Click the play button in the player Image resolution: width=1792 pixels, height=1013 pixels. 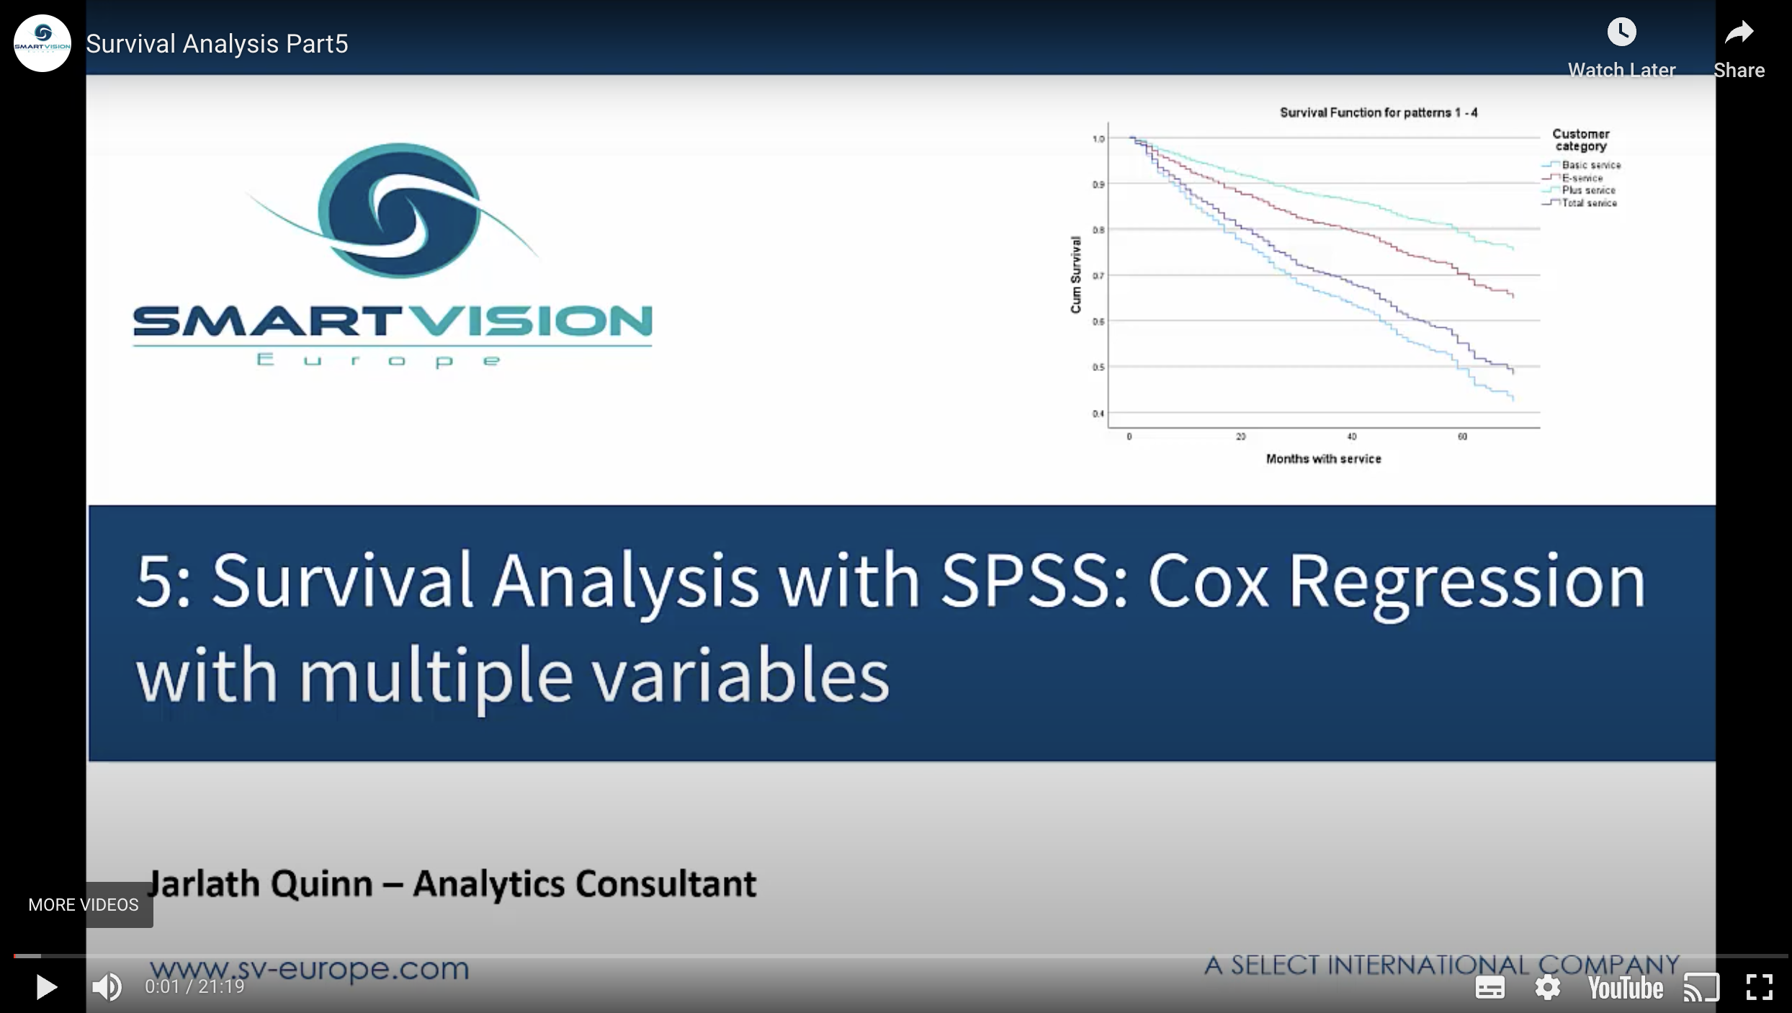tap(46, 987)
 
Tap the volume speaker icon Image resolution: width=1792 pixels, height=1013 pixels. tap(107, 987)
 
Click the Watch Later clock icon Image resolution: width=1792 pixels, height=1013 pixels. tap(1621, 32)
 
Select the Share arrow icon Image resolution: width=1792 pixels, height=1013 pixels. tap(1739, 32)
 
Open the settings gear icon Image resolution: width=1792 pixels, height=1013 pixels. tap(1547, 987)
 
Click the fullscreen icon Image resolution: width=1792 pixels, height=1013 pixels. tap(1759, 987)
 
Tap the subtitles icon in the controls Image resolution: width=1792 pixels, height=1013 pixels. tap(1489, 987)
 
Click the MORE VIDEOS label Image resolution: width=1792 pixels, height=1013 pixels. tap(84, 905)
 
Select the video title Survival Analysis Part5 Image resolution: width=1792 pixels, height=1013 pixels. tap(217, 44)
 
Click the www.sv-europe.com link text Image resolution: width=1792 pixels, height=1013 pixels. tap(309, 968)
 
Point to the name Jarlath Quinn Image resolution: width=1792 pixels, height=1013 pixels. tap(259, 884)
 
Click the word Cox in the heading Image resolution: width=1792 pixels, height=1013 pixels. tap(1207, 581)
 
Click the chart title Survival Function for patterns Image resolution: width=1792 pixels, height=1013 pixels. tap(1378, 113)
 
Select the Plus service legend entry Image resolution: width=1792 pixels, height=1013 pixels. tap(1588, 190)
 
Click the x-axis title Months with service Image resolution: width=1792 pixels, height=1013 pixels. tap(1324, 459)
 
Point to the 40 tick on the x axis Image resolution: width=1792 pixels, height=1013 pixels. tap(1352, 437)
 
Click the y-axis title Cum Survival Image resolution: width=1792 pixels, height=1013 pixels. tap(1076, 275)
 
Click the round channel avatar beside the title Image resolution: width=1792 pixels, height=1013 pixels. tap(42, 43)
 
